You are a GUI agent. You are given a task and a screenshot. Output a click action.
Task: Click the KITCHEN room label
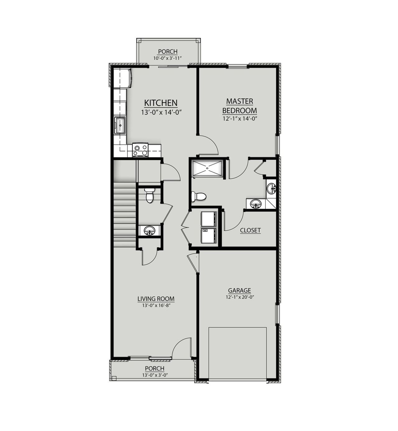(x=161, y=103)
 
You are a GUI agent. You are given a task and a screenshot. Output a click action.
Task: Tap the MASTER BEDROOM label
(x=240, y=106)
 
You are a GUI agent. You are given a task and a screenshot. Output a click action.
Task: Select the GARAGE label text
(x=239, y=291)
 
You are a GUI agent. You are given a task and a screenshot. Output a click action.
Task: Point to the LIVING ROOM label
(x=156, y=299)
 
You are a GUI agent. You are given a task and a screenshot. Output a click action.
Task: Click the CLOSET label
(x=250, y=231)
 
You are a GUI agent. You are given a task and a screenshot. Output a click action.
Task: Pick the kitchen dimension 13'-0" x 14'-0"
(x=161, y=112)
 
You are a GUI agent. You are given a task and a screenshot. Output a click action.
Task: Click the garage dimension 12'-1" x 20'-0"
(x=239, y=297)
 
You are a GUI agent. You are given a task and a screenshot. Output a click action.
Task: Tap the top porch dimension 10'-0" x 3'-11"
(x=167, y=58)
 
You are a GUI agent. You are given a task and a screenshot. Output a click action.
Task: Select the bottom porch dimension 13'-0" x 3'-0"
(x=155, y=375)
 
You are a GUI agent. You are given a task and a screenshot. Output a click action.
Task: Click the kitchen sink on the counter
(x=120, y=125)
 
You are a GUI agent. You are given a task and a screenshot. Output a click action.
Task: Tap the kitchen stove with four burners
(x=140, y=150)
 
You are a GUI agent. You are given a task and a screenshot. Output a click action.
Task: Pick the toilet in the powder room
(x=150, y=195)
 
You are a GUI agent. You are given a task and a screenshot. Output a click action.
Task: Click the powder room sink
(x=150, y=231)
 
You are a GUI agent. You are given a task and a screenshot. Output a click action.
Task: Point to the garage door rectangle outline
(x=238, y=353)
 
